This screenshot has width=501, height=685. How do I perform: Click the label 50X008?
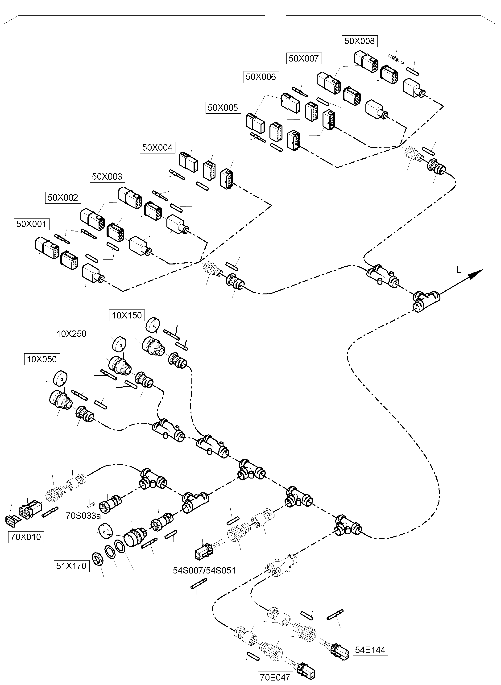360,41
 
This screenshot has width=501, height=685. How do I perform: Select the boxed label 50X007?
304,58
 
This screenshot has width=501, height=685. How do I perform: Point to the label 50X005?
223,108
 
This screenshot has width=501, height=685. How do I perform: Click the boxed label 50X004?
157,148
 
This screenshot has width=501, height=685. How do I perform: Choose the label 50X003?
107,177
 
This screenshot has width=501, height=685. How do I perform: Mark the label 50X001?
32,224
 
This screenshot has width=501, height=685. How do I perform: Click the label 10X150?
127,315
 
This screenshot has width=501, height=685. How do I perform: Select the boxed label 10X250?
72,334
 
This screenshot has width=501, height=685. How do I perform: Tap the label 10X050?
42,359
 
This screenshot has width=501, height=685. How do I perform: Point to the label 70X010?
26,537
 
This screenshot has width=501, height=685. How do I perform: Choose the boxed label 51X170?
72,566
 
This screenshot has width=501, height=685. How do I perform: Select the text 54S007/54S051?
204,570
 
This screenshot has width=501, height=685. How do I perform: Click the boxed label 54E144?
370,650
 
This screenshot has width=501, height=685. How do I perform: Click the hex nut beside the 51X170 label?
99,559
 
